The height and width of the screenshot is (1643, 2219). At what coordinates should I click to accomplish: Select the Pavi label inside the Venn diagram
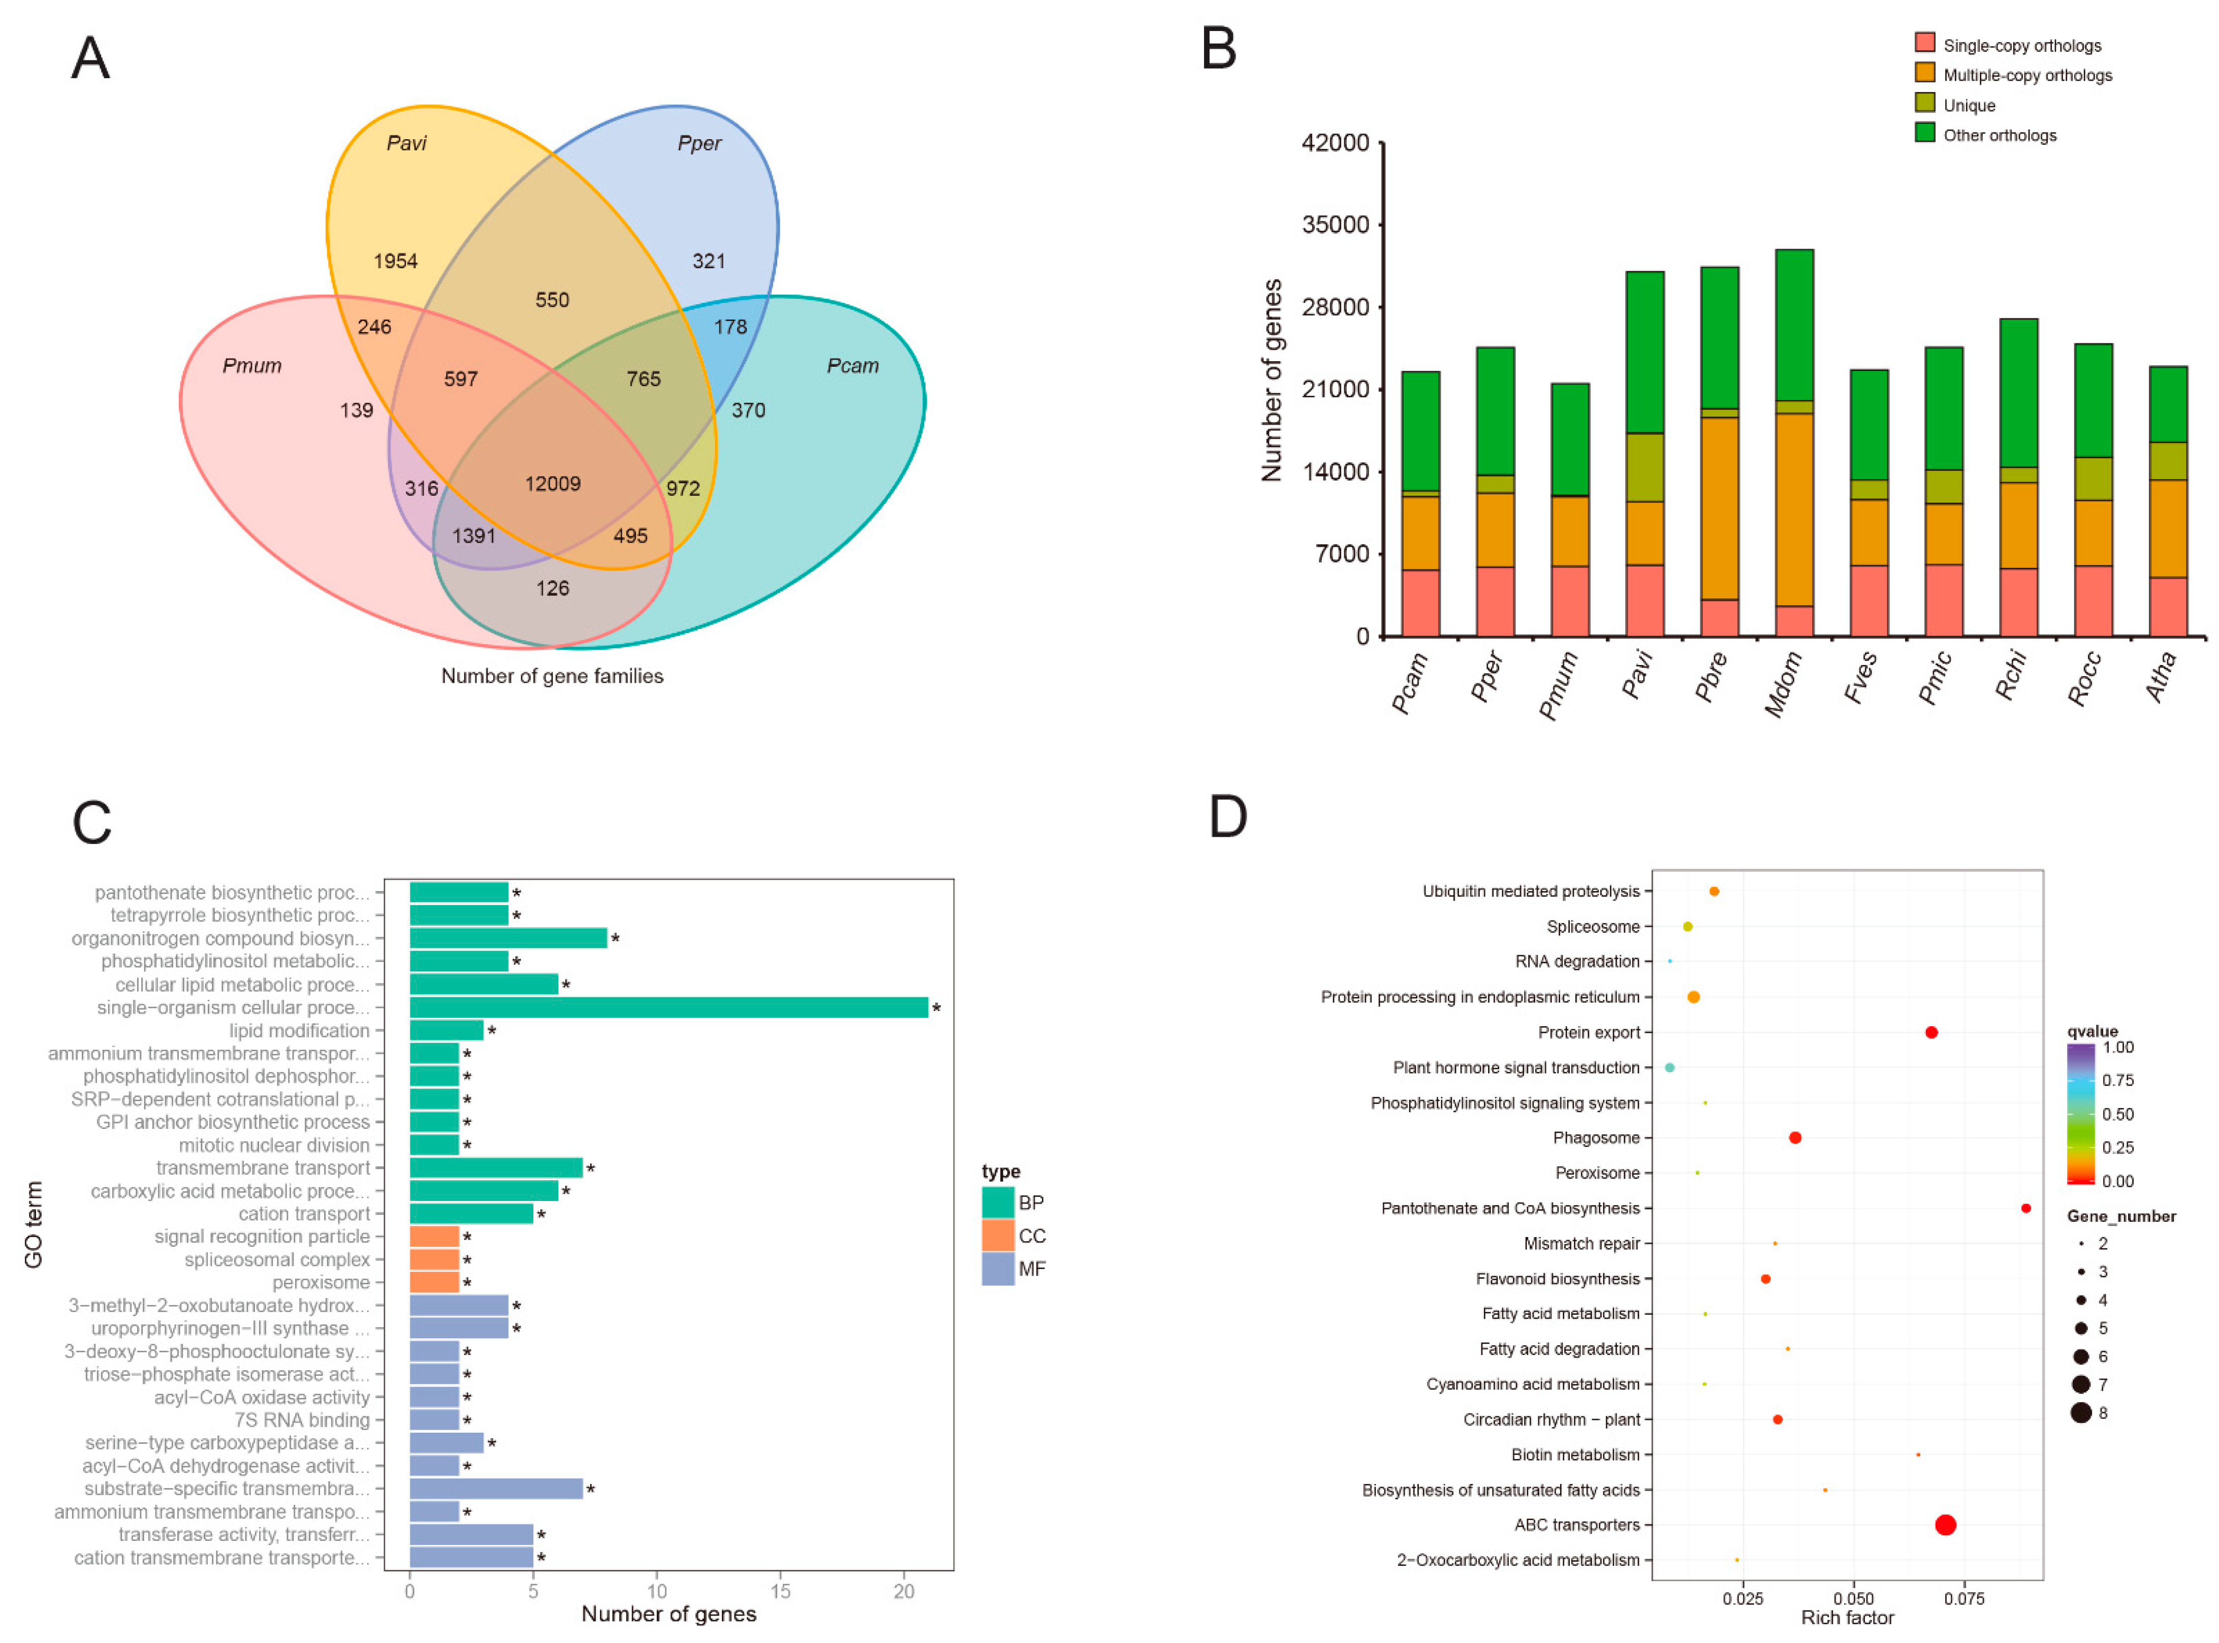point(406,143)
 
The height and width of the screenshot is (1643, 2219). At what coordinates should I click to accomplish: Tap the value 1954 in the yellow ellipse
point(395,261)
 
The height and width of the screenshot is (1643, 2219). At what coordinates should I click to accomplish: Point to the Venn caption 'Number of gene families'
point(552,676)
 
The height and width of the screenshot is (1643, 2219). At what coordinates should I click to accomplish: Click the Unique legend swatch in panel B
point(1924,104)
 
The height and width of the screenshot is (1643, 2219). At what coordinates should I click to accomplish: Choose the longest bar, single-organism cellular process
point(669,1007)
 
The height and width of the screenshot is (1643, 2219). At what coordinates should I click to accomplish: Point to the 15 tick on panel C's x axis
point(781,1591)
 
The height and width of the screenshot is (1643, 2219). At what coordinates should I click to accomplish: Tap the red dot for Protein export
point(1930,1032)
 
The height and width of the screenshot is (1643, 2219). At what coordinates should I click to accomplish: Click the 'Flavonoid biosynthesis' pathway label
point(1558,1279)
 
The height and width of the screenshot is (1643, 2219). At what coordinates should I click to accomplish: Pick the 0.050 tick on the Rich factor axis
point(1853,1599)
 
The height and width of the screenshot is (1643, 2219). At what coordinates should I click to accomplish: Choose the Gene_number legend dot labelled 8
point(2081,1413)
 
